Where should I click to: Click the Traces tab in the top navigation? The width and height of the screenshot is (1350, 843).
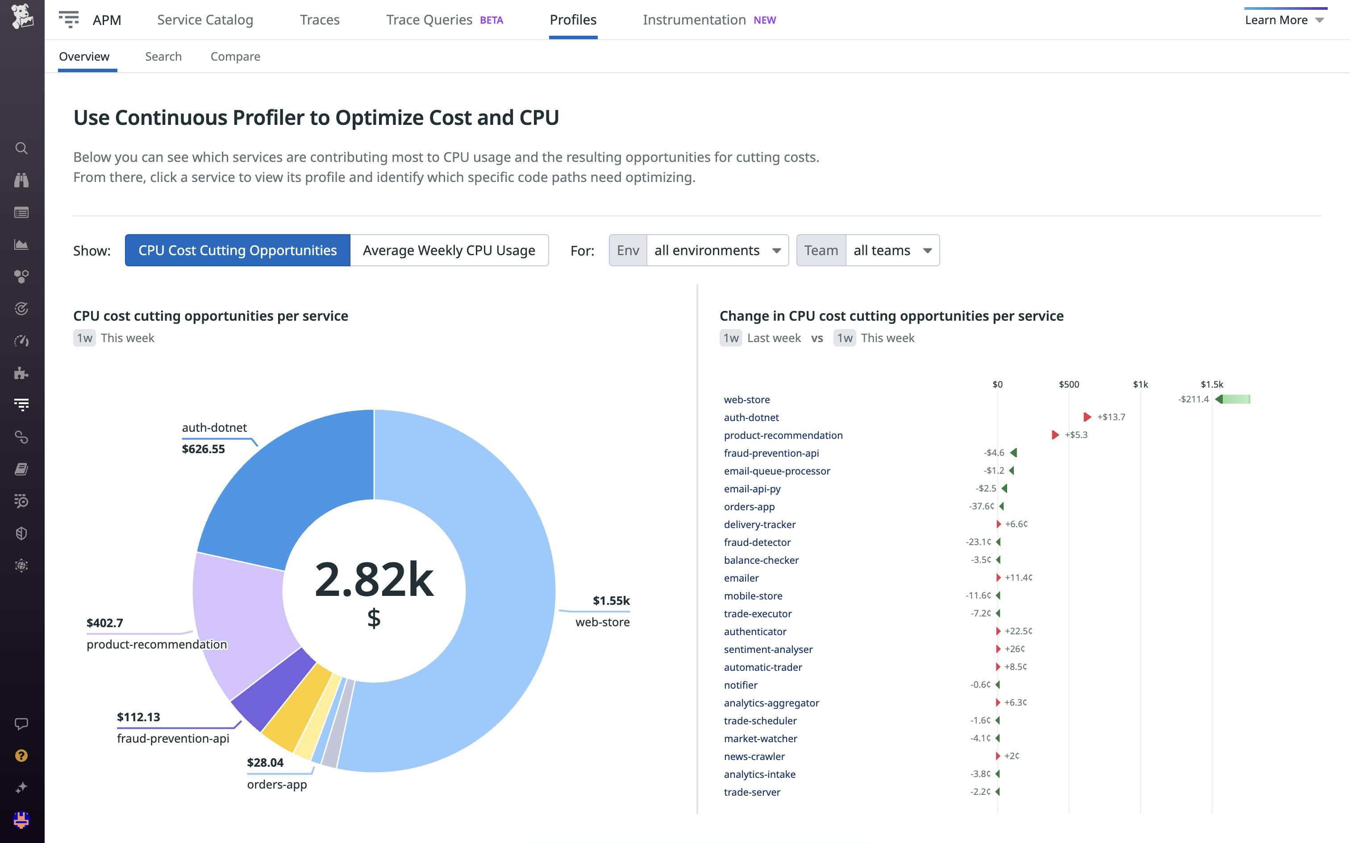[320, 20]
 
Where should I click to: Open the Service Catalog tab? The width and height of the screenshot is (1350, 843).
[205, 20]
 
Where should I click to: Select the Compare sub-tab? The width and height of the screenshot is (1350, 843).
[235, 56]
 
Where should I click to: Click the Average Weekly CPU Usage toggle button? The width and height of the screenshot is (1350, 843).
[449, 250]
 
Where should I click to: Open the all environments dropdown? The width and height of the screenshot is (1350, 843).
[717, 250]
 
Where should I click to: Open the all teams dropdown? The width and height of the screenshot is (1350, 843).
[892, 250]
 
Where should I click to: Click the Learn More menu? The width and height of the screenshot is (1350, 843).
[1283, 20]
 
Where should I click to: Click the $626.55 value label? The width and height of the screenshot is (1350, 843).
[204, 449]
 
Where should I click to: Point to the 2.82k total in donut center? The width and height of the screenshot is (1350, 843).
[374, 580]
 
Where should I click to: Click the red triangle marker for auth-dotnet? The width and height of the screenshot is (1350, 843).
[1087, 417]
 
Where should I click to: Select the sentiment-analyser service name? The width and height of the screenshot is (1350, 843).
[768, 649]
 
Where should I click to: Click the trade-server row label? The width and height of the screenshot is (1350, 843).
[752, 792]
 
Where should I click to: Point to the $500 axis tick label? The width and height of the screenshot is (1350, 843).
[1069, 384]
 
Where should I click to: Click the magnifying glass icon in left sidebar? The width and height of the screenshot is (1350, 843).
[21, 148]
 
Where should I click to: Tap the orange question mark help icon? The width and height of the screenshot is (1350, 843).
[21, 756]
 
